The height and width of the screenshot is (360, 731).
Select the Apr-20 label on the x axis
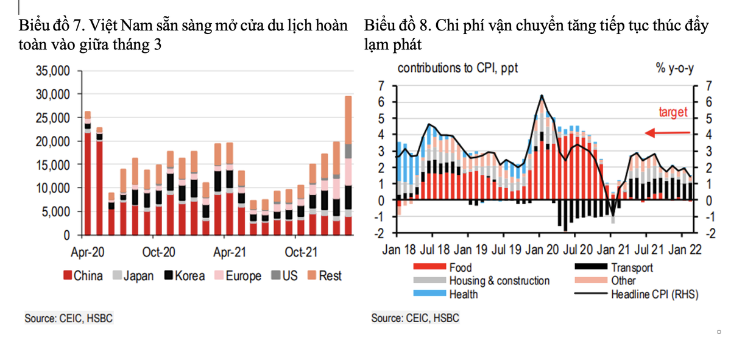89,252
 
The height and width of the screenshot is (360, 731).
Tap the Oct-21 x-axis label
301,252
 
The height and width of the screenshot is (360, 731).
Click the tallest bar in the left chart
348,164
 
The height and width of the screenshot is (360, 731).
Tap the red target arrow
667,133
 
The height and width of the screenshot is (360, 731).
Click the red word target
673,113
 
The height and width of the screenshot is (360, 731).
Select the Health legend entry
464,295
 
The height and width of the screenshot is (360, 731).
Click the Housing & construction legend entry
499,281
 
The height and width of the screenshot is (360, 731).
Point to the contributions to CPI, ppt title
457,68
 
